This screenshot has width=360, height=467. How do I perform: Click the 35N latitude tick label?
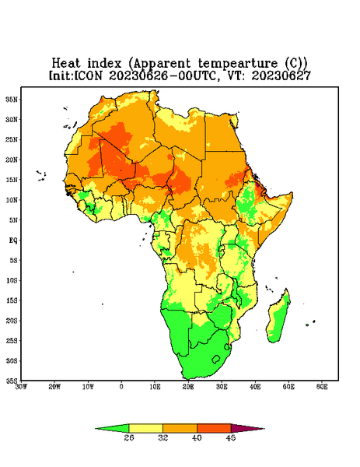click(12, 99)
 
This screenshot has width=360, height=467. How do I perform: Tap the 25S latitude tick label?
click(12, 340)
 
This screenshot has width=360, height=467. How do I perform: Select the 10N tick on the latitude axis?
click(12, 200)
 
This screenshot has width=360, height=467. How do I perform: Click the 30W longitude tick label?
click(22, 387)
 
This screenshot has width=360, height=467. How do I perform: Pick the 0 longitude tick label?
click(121, 387)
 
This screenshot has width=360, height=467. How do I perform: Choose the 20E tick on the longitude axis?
click(188, 387)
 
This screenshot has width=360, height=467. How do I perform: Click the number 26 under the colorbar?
click(129, 437)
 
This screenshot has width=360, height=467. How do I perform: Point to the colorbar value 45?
click(231, 437)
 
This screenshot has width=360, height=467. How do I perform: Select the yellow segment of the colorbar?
click(145, 428)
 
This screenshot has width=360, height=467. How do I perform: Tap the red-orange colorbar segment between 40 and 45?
click(214, 428)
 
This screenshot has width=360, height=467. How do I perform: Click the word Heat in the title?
click(66, 64)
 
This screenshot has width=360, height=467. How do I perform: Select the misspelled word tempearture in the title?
click(238, 64)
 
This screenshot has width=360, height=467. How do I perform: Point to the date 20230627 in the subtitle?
click(281, 75)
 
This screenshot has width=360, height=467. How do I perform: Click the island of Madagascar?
click(278, 318)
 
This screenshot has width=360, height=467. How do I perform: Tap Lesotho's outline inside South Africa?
click(216, 359)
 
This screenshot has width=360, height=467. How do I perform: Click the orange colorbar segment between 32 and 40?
click(180, 428)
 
